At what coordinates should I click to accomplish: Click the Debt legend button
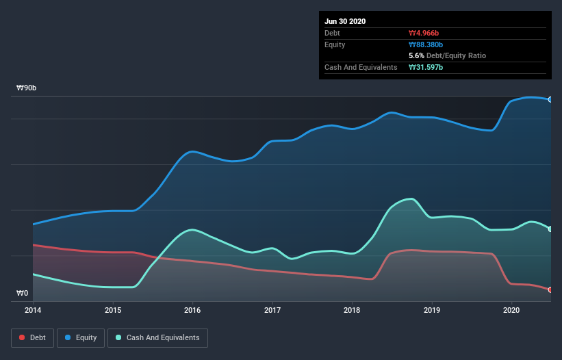click(x=31, y=337)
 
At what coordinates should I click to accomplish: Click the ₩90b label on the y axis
click(x=27, y=88)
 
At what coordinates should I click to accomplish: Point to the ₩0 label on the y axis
click(x=23, y=294)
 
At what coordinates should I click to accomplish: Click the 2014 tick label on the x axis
click(x=33, y=310)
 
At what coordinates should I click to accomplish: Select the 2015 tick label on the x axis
click(x=113, y=310)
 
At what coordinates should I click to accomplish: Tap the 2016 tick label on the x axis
click(x=192, y=310)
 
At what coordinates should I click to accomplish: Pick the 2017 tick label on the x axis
click(x=272, y=310)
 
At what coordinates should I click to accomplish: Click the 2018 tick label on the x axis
click(x=352, y=310)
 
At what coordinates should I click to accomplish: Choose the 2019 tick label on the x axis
click(x=432, y=310)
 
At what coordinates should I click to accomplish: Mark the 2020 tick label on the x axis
click(x=511, y=310)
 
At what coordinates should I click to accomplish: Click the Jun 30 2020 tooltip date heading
click(x=345, y=21)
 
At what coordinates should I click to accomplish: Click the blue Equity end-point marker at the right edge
click(x=550, y=100)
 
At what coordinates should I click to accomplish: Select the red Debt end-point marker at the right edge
click(x=550, y=290)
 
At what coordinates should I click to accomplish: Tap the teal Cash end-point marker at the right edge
click(x=550, y=229)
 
